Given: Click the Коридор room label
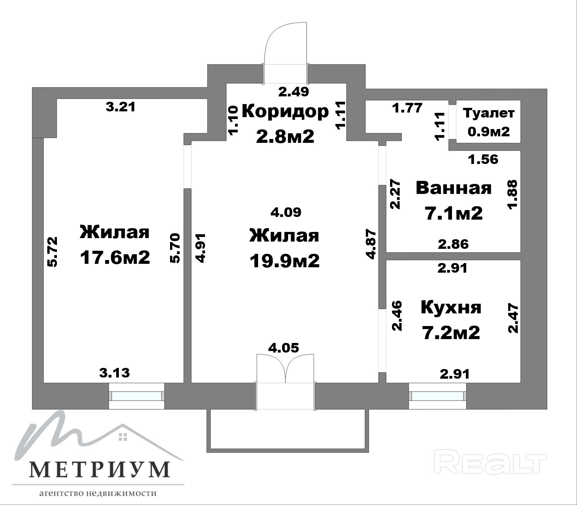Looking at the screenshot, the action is pyautogui.click(x=285, y=111).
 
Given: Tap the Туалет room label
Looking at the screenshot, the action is pyautogui.click(x=489, y=113).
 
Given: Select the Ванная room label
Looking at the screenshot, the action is pyautogui.click(x=454, y=188).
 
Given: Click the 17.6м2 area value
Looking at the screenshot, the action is pyautogui.click(x=115, y=258).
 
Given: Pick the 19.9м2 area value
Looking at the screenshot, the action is pyautogui.click(x=285, y=261).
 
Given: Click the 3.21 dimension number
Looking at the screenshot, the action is pyautogui.click(x=120, y=107).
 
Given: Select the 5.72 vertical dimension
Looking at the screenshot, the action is pyautogui.click(x=53, y=252).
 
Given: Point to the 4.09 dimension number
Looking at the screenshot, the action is pyautogui.click(x=286, y=212).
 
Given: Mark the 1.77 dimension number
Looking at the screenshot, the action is pyautogui.click(x=407, y=108).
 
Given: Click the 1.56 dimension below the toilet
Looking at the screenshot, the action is pyautogui.click(x=483, y=159).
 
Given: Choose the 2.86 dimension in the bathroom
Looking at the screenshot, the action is pyautogui.click(x=453, y=244).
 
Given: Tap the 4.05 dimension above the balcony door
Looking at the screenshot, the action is pyautogui.click(x=283, y=348).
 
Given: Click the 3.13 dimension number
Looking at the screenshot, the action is pyautogui.click(x=115, y=373).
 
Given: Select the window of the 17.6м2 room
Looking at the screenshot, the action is pyautogui.click(x=137, y=396).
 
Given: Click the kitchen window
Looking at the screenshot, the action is pyautogui.click(x=437, y=396).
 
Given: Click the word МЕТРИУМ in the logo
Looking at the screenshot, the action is pyautogui.click(x=100, y=469).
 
